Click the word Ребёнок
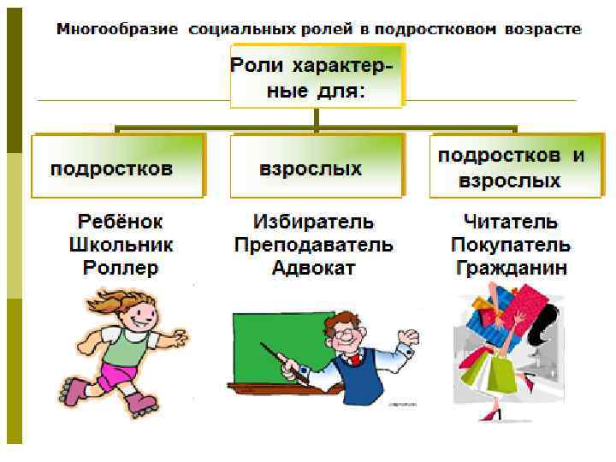[x=121, y=222]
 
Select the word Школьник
[x=121, y=245]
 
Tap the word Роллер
[x=121, y=268]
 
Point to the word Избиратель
[x=313, y=222]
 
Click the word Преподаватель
[x=313, y=245]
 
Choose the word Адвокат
[x=313, y=268]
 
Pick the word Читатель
[x=510, y=222]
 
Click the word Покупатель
[x=510, y=245]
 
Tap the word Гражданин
[x=510, y=268]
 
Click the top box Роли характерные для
[x=316, y=77]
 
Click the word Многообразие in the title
[x=118, y=29]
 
